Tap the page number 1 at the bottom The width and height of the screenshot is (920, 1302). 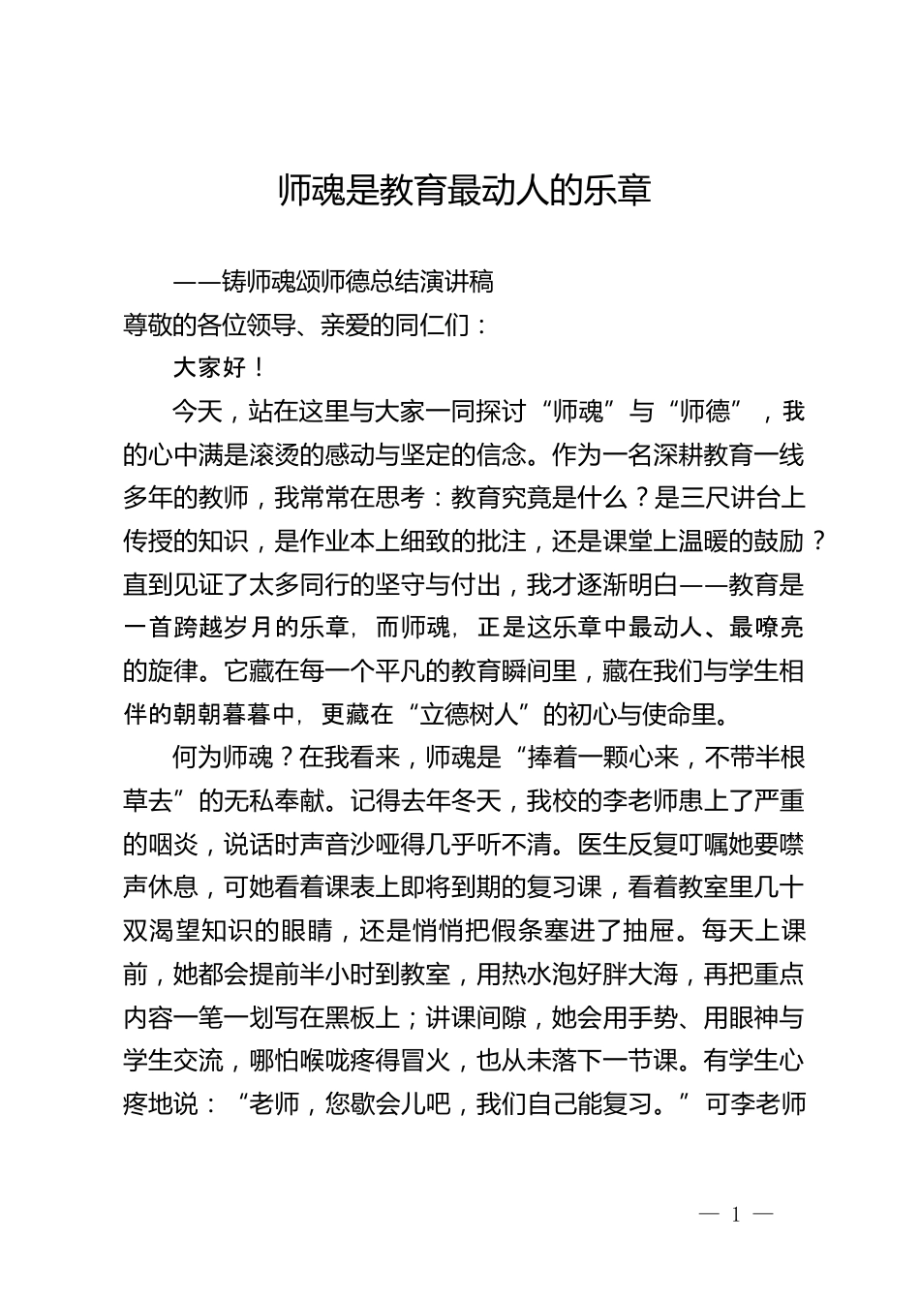(x=736, y=1215)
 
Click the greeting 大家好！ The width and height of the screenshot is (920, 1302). (x=219, y=368)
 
